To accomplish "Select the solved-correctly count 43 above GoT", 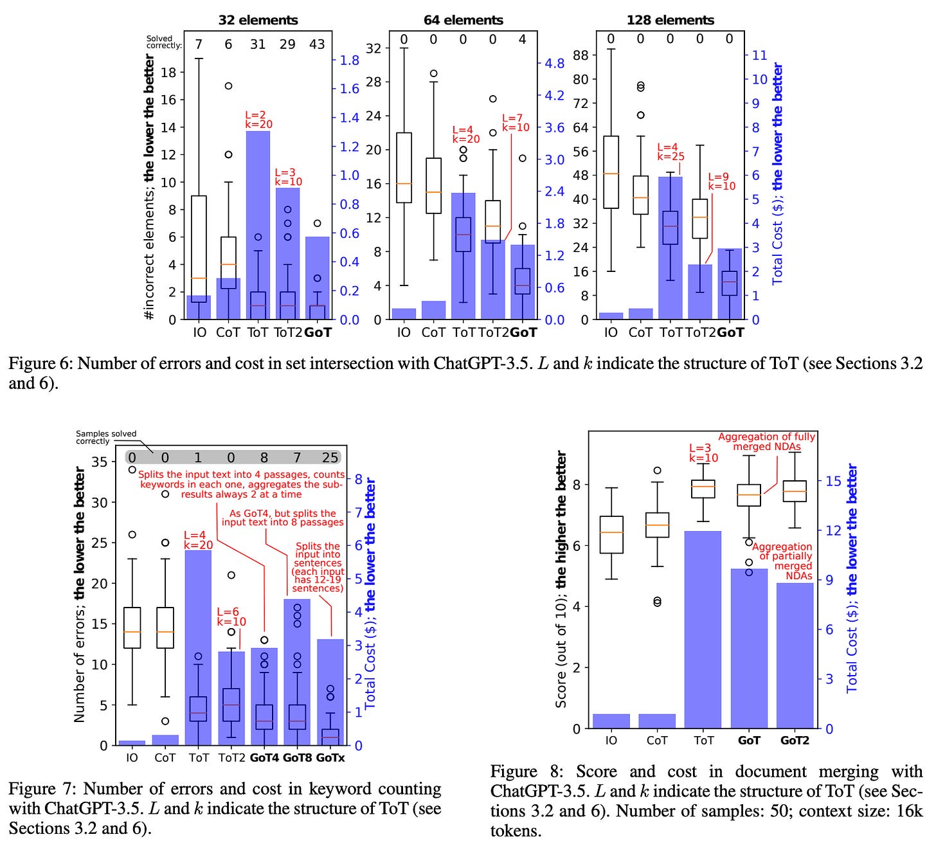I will tap(317, 44).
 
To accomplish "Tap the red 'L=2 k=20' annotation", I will tap(258, 120).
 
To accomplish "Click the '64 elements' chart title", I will tap(463, 20).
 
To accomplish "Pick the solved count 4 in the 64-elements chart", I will tap(522, 40).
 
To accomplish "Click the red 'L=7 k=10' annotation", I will tap(516, 123).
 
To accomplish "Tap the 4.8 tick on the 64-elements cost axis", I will tap(554, 64).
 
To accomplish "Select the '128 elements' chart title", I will tap(670, 20).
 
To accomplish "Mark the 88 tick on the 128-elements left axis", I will tap(580, 55).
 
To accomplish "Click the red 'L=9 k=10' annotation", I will tap(721, 182).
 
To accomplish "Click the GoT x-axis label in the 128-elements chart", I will tap(730, 332).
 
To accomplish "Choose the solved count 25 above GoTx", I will tap(330, 458).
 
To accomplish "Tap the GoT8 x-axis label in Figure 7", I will tap(297, 758).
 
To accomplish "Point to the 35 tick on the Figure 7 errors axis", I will tap(100, 462).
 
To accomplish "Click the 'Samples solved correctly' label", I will tap(106, 437).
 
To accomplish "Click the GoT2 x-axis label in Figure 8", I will tap(795, 740).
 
